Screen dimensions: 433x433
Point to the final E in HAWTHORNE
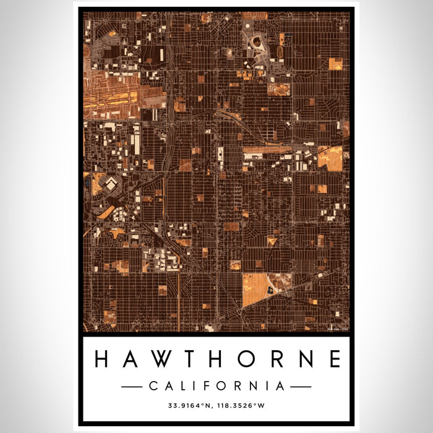click(x=334, y=359)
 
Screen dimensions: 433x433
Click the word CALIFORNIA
click(x=216, y=386)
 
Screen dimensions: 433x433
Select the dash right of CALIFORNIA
click(x=301, y=386)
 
